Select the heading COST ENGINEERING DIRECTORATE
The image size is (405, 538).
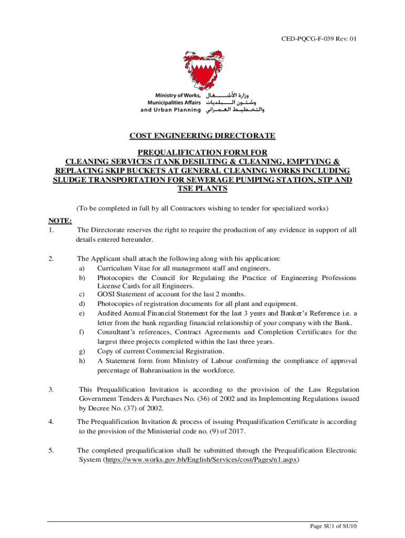(202, 136)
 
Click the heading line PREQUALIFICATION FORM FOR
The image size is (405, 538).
(202, 152)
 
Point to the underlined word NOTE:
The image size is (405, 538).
(60, 221)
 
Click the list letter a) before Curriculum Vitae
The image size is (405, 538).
(82, 268)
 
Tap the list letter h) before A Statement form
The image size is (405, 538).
(82, 361)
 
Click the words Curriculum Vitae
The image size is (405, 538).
(120, 268)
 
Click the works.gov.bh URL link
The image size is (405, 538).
(202, 459)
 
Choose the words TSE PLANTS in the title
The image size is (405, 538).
(202, 189)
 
